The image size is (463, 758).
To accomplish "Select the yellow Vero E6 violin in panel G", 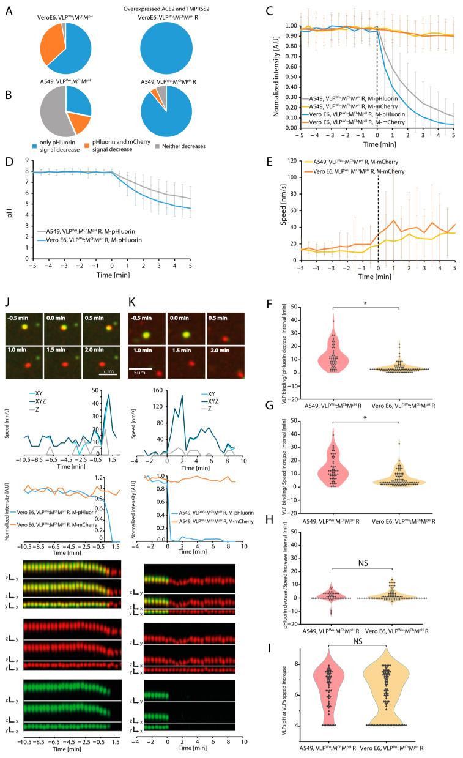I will tap(399, 476).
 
